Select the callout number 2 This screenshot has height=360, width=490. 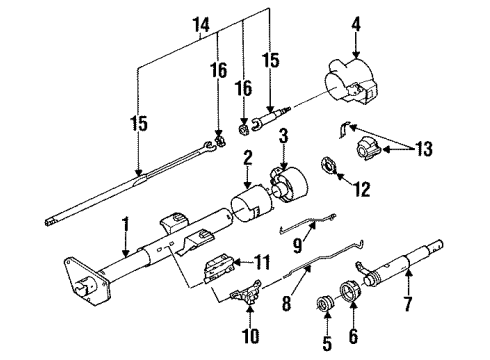[x=246, y=156]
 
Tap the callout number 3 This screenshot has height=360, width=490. [x=285, y=136]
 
